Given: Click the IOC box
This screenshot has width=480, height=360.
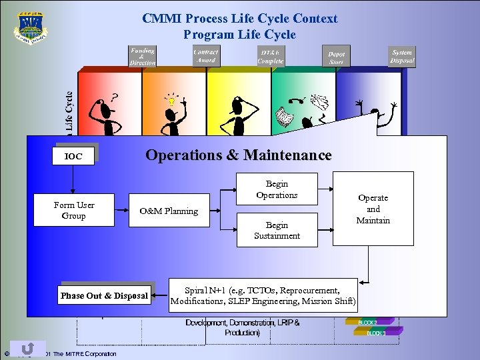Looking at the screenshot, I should pyautogui.click(x=73, y=156).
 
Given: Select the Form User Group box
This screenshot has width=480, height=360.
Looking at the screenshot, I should pyautogui.click(x=74, y=211).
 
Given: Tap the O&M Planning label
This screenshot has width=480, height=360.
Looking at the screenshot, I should pyautogui.click(x=168, y=211).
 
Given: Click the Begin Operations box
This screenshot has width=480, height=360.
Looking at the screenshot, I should pyautogui.click(x=277, y=189).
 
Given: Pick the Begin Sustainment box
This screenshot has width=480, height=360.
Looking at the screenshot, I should pyautogui.click(x=277, y=231).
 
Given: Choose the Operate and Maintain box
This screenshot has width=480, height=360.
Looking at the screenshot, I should pyautogui.click(x=373, y=209).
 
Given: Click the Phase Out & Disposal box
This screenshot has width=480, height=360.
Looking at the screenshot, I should pyautogui.click(x=104, y=295).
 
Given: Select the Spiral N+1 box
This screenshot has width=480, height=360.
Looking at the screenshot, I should pyautogui.click(x=263, y=296).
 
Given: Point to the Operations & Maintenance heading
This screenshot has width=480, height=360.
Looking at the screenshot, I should pyautogui.click(x=238, y=155).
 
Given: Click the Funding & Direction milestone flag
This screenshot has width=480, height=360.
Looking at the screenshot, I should pyautogui.click(x=143, y=57).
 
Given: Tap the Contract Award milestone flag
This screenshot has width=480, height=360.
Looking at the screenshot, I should pyautogui.click(x=207, y=57).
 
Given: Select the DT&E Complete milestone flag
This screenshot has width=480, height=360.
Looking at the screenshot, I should pyautogui.click(x=270, y=57).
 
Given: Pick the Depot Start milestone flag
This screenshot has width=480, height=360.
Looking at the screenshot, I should pyautogui.click(x=336, y=58).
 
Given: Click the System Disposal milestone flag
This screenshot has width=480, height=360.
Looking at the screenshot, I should pyautogui.click(x=402, y=57).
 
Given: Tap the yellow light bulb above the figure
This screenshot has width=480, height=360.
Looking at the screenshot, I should pyautogui.click(x=172, y=101).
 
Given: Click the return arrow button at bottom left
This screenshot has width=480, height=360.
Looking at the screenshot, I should pyautogui.click(x=28, y=349).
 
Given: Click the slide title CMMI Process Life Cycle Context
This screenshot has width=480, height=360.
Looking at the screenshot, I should pyautogui.click(x=240, y=19).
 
